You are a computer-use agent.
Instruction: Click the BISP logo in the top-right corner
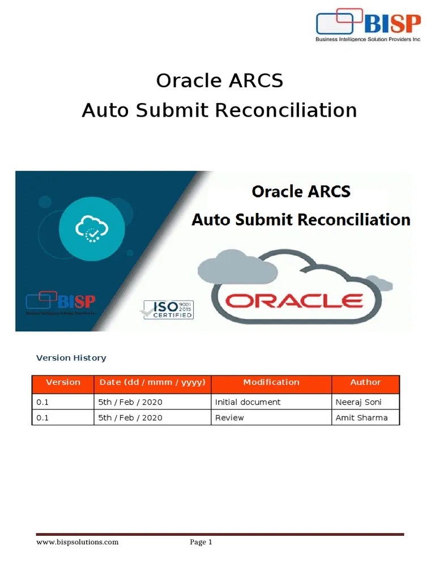pos(368,25)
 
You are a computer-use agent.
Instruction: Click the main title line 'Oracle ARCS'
pos(219,81)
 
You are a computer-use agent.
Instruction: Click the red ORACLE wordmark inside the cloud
pos(294,300)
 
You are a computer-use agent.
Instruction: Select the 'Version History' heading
pos(71,358)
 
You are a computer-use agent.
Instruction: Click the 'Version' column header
pos(63,382)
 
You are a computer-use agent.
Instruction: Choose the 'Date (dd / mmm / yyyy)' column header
pos(152,382)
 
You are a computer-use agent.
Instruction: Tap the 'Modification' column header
pos(271,382)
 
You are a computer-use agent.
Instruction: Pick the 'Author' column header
pos(365,382)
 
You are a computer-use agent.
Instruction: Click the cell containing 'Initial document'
pos(248,402)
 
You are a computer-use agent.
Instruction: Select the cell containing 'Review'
pos(229,418)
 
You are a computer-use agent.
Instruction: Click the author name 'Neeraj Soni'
pos(359,402)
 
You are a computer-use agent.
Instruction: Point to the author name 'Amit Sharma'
pos(361,418)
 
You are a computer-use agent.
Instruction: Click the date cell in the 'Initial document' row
pos(130,402)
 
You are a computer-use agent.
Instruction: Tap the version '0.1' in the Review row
pos(42,418)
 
